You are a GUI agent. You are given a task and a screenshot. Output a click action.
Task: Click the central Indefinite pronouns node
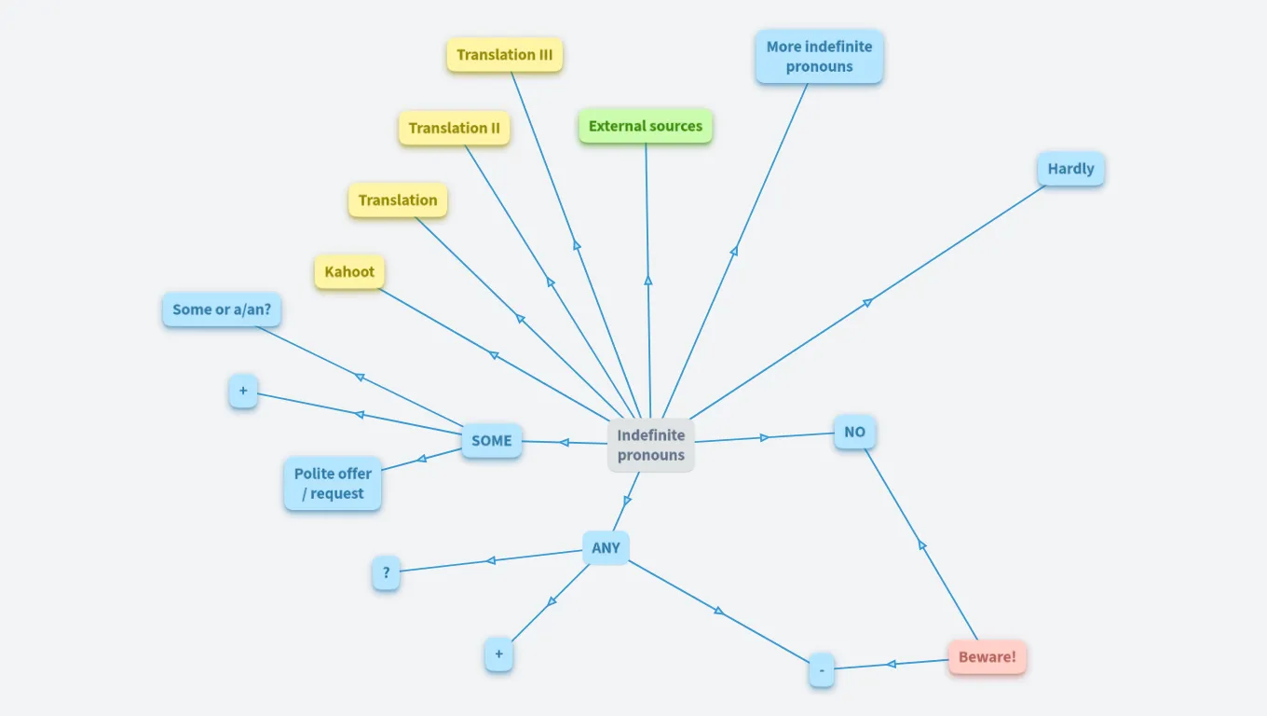coord(650,445)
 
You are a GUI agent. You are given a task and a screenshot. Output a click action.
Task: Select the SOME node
coord(491,440)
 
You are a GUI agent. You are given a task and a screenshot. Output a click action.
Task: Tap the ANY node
coord(606,548)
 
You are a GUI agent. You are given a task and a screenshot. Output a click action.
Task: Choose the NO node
coord(854,432)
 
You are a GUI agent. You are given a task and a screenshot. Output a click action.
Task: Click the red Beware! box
coord(987,656)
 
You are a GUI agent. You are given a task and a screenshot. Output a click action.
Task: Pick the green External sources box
coord(645,126)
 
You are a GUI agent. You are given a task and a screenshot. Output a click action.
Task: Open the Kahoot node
coord(349,272)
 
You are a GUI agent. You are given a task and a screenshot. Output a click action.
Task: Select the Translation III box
coord(504,55)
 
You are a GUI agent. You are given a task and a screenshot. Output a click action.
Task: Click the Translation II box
coord(454,128)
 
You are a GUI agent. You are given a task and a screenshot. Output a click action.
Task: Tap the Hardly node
coord(1070,169)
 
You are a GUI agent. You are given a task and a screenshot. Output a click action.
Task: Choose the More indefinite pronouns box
coord(819,56)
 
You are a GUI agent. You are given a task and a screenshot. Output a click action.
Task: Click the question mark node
coord(386,572)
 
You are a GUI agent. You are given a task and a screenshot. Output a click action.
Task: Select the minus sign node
coord(821,669)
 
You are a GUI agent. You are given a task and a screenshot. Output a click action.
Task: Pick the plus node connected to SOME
coord(242,392)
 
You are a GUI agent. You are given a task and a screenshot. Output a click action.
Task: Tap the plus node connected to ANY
coord(498,654)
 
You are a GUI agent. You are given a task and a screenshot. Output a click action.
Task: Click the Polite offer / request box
coord(333,483)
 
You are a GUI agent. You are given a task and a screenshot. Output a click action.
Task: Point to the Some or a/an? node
coord(222,310)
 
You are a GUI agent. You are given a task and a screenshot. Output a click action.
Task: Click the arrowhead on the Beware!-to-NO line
coord(921,544)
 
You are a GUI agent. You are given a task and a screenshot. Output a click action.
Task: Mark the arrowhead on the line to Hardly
coord(867,302)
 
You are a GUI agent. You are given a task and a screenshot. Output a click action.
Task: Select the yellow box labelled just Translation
coord(398,200)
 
